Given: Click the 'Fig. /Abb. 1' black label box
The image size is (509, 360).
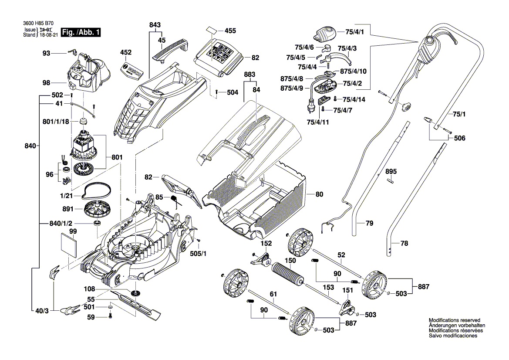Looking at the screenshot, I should pos(81,32).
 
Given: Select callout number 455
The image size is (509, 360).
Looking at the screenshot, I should pos(230,31).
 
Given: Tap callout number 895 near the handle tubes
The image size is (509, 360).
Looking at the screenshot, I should pos(391,172).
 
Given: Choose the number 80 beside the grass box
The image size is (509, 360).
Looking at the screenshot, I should pos(319,194).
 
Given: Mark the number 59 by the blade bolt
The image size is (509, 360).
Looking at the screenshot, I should pos(91,317).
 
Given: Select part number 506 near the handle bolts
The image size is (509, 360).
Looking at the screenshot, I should pos(459,138).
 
